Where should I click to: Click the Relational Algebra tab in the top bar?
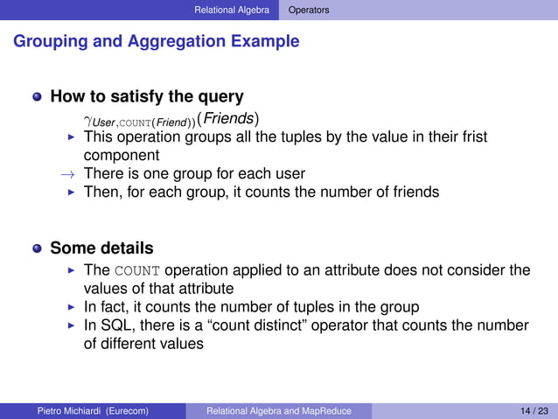232,10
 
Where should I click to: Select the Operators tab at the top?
310,10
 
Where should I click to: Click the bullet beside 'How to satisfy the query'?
37,97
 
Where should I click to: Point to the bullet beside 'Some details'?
37,248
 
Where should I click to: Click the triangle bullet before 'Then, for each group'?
73,192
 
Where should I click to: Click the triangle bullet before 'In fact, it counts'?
73,307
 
